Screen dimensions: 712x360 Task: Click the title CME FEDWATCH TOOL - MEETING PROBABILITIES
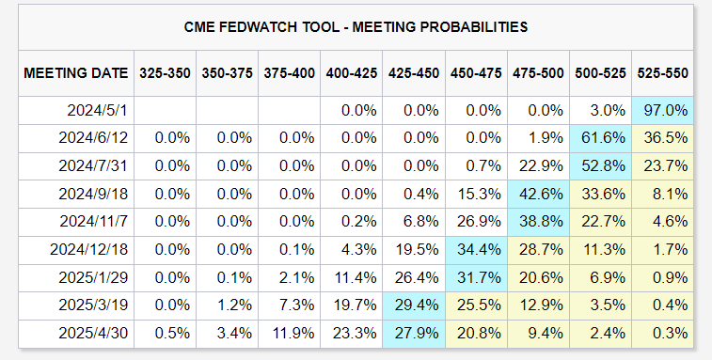(x=356, y=27)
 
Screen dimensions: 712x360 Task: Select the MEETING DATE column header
(x=76, y=73)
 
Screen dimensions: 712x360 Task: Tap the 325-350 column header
(x=165, y=73)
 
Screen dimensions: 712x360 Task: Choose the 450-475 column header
(x=476, y=73)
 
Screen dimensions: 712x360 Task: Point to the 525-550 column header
(x=662, y=73)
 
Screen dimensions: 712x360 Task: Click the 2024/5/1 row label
(x=97, y=110)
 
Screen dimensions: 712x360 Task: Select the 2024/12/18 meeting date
(x=89, y=250)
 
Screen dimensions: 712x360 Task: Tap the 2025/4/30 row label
(x=93, y=334)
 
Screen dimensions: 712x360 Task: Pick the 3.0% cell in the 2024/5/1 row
(x=607, y=110)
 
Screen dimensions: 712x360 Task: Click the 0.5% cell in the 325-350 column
(x=171, y=334)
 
